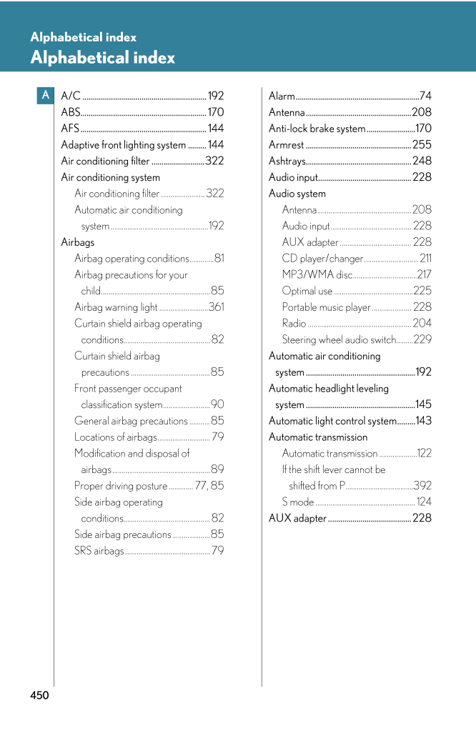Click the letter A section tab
click(45, 95)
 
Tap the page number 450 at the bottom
click(39, 695)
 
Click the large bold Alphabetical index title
click(102, 58)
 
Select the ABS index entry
click(71, 112)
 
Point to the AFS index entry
click(70, 129)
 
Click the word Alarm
click(282, 96)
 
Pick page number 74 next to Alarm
click(425, 96)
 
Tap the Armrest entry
click(286, 145)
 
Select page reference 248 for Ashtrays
click(422, 161)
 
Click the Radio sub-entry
click(294, 323)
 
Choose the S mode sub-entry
click(297, 502)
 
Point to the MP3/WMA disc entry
click(317, 274)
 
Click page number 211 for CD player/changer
click(425, 258)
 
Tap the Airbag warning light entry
click(116, 307)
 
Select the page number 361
click(217, 307)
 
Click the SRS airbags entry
click(99, 550)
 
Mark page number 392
click(422, 486)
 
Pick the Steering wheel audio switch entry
click(339, 339)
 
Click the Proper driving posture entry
click(121, 486)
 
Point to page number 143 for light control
click(423, 421)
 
